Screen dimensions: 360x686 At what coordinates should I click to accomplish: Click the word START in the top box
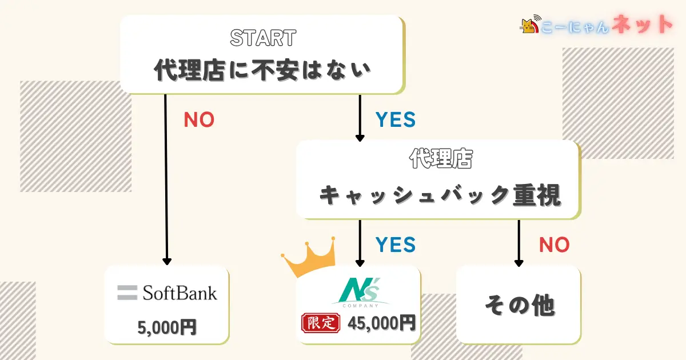point(262,38)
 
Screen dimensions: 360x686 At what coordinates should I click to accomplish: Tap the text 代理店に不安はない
point(262,71)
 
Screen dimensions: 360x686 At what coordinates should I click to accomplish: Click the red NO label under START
point(198,119)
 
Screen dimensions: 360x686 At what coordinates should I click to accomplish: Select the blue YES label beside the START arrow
point(395,119)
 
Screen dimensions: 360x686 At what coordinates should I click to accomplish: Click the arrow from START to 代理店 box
point(360,118)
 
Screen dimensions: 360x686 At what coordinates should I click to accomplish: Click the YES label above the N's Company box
point(395,245)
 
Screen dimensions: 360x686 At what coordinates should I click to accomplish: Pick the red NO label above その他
point(554,245)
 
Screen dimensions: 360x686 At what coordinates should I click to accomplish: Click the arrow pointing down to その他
point(519,243)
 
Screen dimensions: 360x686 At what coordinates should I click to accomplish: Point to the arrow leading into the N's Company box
point(360,243)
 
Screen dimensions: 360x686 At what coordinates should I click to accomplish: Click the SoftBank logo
point(167,293)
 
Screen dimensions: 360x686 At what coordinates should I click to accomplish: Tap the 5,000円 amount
point(167,327)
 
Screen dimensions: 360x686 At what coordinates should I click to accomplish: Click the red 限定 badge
point(320,323)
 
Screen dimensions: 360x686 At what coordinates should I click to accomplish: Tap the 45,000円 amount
point(381,323)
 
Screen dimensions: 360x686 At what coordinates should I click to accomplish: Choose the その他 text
point(519,306)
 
